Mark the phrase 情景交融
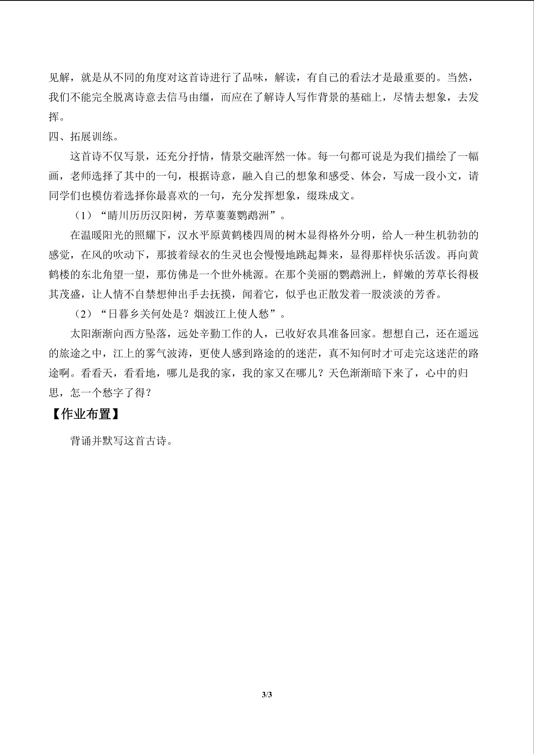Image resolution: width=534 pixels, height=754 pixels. point(242,156)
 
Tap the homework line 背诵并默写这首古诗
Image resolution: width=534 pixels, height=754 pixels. point(121,441)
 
